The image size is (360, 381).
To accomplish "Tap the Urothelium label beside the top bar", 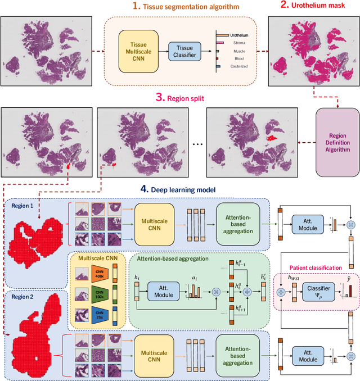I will pyautogui.click(x=239, y=35).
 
